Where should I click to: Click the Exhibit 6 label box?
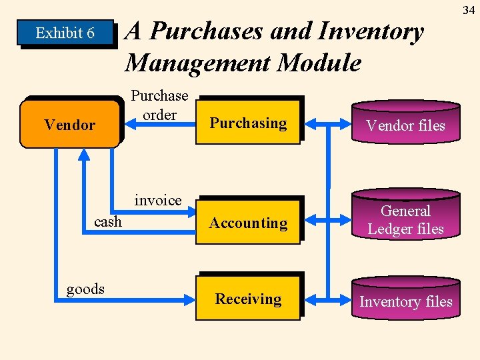tap(65, 33)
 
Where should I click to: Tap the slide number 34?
tap(467, 9)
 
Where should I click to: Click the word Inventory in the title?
tap(371, 31)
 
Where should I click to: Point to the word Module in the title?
tap(319, 63)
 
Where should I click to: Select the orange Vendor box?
tap(70, 124)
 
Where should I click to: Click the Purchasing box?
tap(248, 123)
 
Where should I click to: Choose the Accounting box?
tap(248, 223)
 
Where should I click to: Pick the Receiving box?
tap(248, 299)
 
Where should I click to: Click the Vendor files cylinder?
tap(405, 124)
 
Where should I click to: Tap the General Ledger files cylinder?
tap(405, 219)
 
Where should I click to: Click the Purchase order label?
tap(159, 105)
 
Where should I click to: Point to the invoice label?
tap(158, 200)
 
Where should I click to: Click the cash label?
tap(108, 221)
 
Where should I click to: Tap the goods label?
tap(85, 289)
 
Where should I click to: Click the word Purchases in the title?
tap(201, 31)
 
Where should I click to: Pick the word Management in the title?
tap(197, 63)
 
